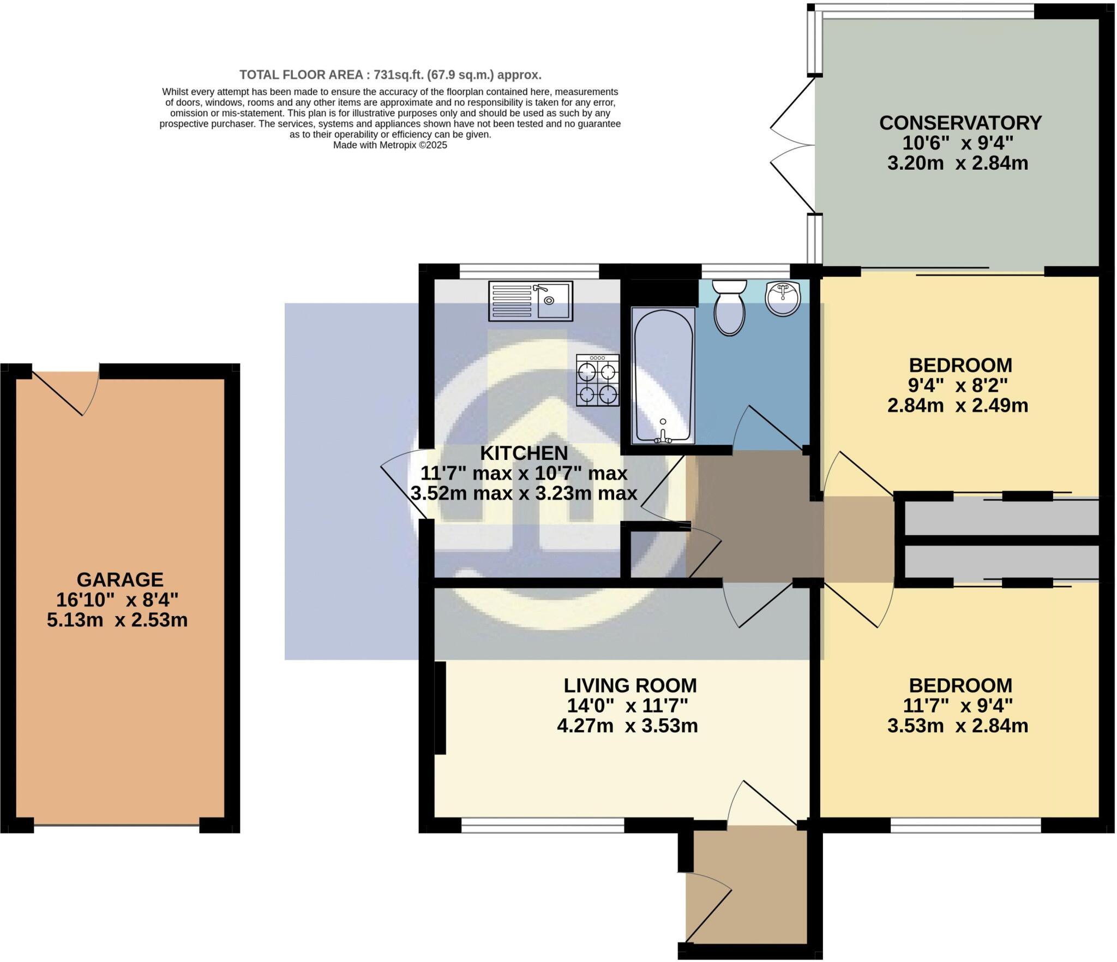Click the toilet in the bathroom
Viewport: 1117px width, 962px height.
pyautogui.click(x=729, y=307)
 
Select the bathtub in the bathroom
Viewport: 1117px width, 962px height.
pyautogui.click(x=663, y=375)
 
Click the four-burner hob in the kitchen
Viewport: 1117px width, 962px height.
pyautogui.click(x=598, y=380)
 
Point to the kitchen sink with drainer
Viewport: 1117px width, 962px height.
pyautogui.click(x=531, y=300)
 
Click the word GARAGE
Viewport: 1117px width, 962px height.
pyautogui.click(x=120, y=579)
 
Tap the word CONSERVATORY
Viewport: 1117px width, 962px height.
pyautogui.click(x=960, y=123)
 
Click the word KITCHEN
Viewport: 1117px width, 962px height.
pyautogui.click(x=524, y=453)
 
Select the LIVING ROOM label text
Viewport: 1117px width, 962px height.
pyautogui.click(x=630, y=685)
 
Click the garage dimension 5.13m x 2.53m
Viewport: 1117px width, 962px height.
pyautogui.click(x=117, y=620)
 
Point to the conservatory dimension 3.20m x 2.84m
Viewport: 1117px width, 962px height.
pyautogui.click(x=958, y=163)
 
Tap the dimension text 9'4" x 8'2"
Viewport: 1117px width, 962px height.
pyautogui.click(x=958, y=385)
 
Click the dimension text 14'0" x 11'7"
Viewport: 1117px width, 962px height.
pyautogui.click(x=627, y=706)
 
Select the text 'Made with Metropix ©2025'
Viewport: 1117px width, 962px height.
pyautogui.click(x=390, y=145)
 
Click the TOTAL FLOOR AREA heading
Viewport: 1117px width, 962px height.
pyautogui.click(x=390, y=75)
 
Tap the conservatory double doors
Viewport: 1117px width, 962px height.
pyautogui.click(x=792, y=145)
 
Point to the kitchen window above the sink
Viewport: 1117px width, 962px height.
pyautogui.click(x=529, y=271)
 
